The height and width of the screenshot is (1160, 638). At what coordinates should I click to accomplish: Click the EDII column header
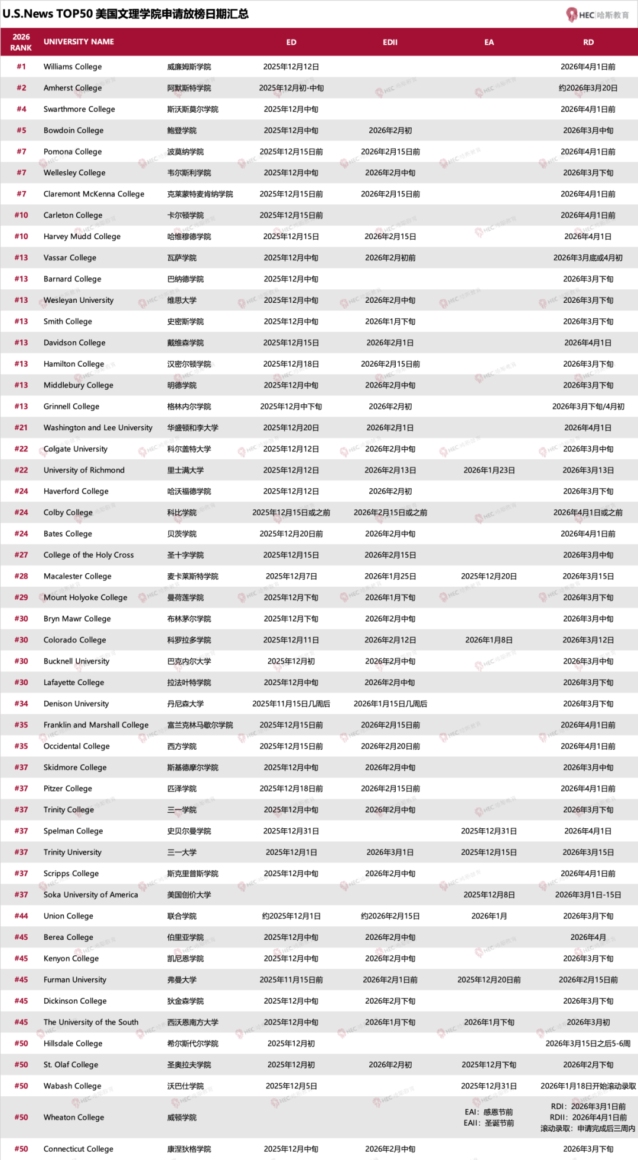[390, 42]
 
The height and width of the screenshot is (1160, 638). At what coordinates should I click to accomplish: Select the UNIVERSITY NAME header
[79, 42]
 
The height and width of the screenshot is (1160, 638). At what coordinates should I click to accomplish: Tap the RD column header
[588, 42]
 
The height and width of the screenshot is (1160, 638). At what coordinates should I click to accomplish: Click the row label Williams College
[73, 67]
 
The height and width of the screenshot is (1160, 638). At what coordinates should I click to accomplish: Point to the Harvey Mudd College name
[82, 237]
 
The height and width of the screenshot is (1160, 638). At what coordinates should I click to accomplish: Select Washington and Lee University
[98, 428]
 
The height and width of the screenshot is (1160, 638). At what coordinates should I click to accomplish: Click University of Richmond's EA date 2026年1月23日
[489, 470]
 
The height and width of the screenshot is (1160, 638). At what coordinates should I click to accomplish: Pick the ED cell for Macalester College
[291, 577]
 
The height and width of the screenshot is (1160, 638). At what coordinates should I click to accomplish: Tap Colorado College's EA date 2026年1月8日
[489, 641]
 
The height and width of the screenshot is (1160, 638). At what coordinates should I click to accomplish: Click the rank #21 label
[21, 428]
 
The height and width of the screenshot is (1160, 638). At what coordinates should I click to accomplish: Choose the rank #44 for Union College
[21, 916]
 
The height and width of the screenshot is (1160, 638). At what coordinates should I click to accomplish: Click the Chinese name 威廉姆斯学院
[189, 67]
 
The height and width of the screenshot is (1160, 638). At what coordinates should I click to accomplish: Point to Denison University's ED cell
[291, 704]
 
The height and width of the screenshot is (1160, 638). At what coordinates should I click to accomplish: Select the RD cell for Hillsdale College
[588, 1044]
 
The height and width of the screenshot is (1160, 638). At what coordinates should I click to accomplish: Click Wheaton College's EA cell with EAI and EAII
[489, 1117]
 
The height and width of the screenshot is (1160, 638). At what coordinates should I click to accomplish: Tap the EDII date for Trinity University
[390, 852]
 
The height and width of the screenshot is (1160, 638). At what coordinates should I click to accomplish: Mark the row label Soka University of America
[90, 895]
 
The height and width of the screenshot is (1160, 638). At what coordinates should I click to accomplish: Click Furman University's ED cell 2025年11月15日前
[291, 980]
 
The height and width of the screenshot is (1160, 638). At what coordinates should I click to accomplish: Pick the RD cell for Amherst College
[588, 88]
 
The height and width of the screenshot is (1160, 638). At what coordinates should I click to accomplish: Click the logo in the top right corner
[597, 15]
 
